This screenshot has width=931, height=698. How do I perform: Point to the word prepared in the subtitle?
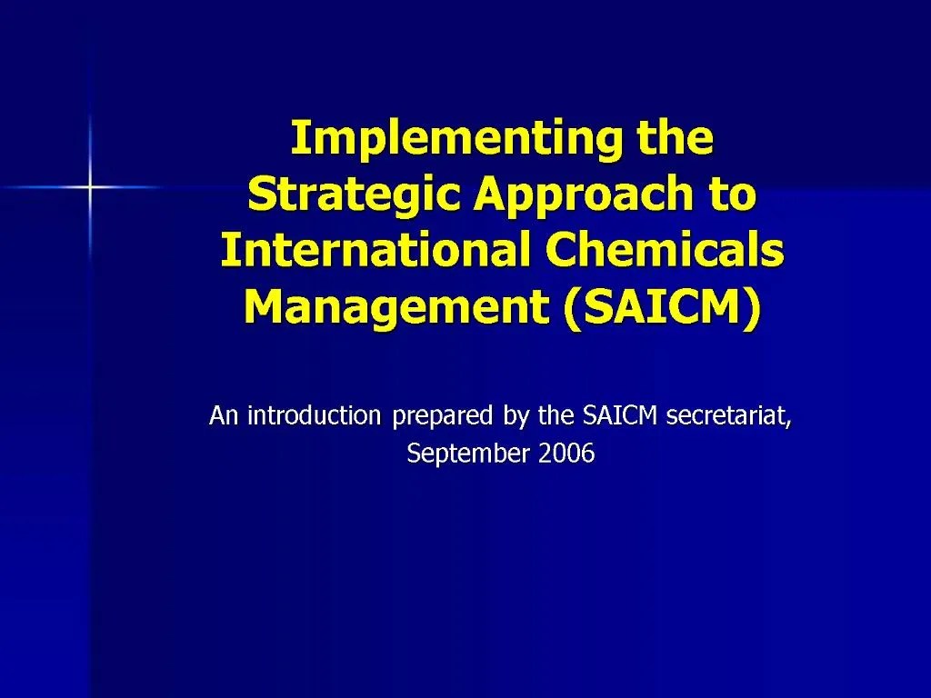(x=444, y=417)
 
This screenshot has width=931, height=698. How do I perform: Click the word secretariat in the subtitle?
(x=726, y=416)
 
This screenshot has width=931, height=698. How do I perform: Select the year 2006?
(x=566, y=454)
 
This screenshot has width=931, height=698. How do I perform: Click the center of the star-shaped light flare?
(x=90, y=187)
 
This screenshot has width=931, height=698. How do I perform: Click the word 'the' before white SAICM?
(x=556, y=415)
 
